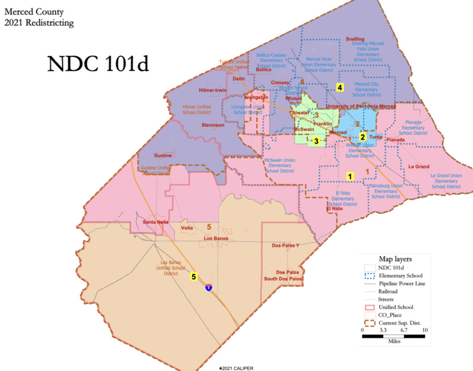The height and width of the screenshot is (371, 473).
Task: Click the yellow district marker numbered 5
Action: pos(193,276)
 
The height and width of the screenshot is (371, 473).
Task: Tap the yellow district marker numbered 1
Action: pos(349,176)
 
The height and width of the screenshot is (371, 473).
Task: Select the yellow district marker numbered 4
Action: pos(340,88)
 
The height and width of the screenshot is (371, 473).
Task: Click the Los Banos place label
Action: pos(216,238)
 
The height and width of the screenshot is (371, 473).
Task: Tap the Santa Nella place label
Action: pos(155,222)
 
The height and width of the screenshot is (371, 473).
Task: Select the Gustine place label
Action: pos(163,155)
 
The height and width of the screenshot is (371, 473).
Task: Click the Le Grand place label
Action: pos(419,167)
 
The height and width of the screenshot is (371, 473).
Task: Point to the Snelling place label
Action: pos(355,39)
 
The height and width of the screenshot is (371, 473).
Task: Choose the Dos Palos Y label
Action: pos(286,245)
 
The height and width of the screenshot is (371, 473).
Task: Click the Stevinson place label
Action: pos(213,125)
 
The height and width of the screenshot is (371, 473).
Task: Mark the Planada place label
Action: pos(396,140)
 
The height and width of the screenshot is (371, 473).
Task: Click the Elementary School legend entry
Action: pos(401,276)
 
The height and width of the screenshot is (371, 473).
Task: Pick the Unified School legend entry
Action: pos(396,307)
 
